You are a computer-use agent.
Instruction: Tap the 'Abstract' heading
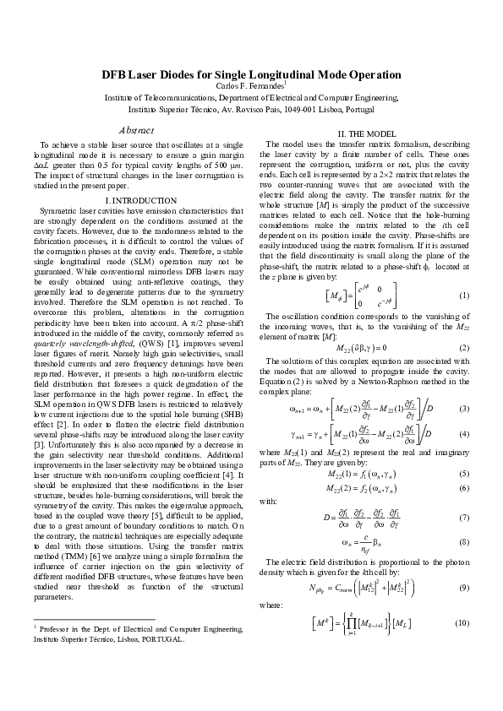point(137,130)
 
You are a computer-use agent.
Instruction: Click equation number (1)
point(463,296)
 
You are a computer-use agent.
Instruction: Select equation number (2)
point(463,348)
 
